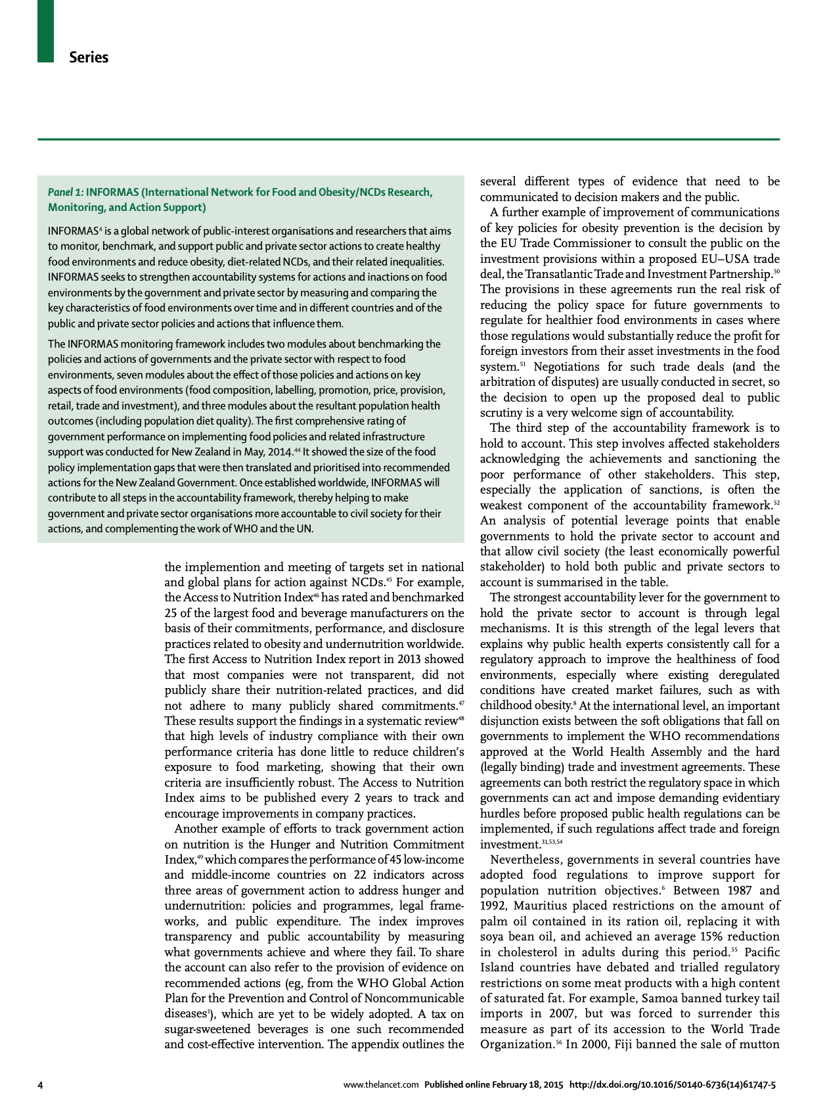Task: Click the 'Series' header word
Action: click(89, 57)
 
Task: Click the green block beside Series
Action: click(45, 31)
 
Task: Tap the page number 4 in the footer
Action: click(41, 1085)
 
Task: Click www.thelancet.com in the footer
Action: click(381, 1085)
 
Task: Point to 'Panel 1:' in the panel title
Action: click(66, 192)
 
